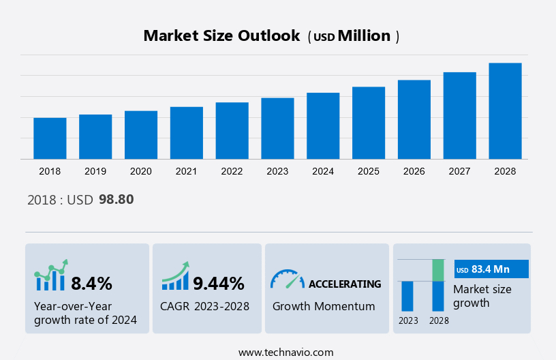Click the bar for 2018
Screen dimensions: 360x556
[50, 138]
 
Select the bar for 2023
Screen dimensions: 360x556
[277, 128]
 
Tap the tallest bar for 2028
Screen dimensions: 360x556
[505, 111]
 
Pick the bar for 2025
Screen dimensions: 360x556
[369, 123]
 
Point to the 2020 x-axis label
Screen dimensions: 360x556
[141, 171]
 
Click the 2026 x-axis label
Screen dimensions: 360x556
[414, 171]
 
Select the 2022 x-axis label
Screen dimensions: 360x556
[232, 171]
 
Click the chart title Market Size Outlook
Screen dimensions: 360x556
[221, 36]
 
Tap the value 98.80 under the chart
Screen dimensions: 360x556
[116, 200]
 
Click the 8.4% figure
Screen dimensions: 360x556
[91, 284]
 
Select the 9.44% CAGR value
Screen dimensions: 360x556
[218, 284]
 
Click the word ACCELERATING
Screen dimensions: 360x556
[345, 284]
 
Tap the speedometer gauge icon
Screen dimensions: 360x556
[287, 279]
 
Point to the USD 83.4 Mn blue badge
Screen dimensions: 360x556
[491, 269]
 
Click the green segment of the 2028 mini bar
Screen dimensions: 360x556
[438, 270]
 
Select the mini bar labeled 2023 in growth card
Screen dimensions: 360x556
[407, 296]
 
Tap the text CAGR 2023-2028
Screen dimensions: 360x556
[205, 306]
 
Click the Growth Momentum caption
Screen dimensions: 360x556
[324, 306]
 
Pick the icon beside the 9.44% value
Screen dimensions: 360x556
[175, 276]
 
